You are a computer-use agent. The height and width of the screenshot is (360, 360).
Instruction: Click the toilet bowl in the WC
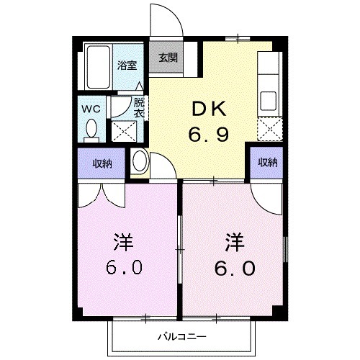[91, 130]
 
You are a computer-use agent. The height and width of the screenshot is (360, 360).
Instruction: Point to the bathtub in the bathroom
[99, 66]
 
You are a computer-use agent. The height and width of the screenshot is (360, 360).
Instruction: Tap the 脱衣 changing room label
[139, 108]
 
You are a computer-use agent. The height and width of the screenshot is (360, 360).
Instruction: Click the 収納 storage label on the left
[102, 163]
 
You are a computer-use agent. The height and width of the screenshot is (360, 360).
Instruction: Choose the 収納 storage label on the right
[268, 163]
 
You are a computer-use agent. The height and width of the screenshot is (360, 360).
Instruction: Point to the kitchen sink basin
[269, 99]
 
